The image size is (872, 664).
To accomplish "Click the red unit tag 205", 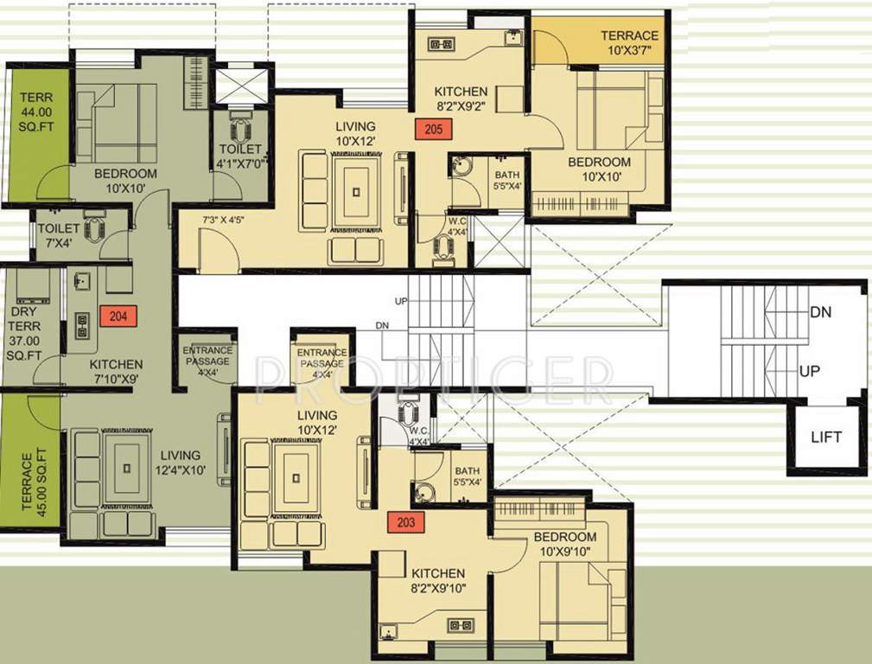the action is coord(433,129).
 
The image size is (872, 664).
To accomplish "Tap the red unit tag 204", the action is coord(118,316).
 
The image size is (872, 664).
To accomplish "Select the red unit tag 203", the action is coord(406,522).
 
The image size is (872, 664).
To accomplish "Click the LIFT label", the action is coord(826,437).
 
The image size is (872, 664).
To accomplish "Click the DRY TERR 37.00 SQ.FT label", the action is coord(24,333).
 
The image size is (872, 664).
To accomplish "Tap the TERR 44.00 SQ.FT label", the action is coord(36,112).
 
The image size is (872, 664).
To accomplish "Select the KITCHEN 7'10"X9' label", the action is coord(116,371).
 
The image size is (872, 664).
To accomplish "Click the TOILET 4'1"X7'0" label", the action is coord(241,156).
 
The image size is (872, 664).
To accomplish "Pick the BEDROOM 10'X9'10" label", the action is coord(565,544).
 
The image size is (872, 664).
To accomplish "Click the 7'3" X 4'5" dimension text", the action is coord(223,220).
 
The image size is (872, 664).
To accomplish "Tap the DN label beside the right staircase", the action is coord(821,312).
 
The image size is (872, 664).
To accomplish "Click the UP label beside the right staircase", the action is coord(809,371).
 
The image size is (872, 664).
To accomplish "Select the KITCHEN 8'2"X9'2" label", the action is coord(461,99).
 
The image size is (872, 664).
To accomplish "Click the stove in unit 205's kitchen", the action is coord(442,44).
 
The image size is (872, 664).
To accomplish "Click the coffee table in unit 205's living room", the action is coord(356,192).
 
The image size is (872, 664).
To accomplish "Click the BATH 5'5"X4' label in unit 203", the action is coord(468,476).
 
